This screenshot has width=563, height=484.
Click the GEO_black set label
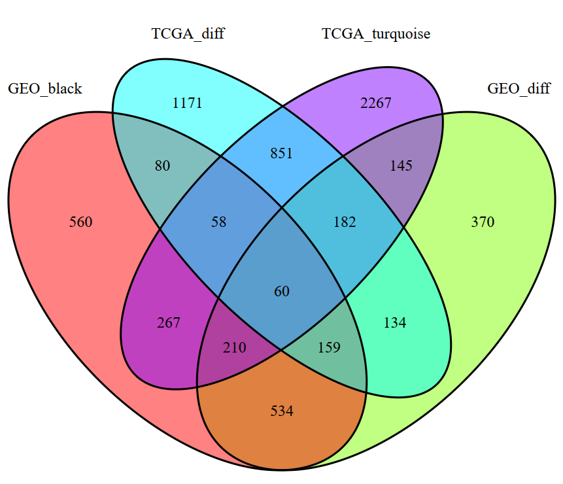coord(44,88)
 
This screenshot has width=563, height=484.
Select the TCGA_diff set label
coord(188,34)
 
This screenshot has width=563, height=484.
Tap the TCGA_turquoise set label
coord(376,34)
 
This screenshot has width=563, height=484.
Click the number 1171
coord(187,103)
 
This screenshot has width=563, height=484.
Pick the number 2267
coord(375,103)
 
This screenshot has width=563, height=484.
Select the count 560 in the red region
coord(81,222)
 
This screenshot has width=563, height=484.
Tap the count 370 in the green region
coord(483,222)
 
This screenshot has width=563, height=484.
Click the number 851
coord(282,154)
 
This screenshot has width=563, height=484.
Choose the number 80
coord(162,166)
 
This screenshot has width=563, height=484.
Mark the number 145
coord(401,166)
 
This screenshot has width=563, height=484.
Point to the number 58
coord(218,222)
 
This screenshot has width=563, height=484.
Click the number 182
coord(345,222)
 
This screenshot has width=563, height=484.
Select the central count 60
coord(282,291)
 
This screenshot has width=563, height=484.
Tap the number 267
coord(169,322)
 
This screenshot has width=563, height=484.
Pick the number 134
coord(395,322)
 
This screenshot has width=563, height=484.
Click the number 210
coord(235,348)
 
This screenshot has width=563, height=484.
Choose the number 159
coord(329,348)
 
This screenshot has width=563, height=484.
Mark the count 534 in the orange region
coord(282,411)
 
